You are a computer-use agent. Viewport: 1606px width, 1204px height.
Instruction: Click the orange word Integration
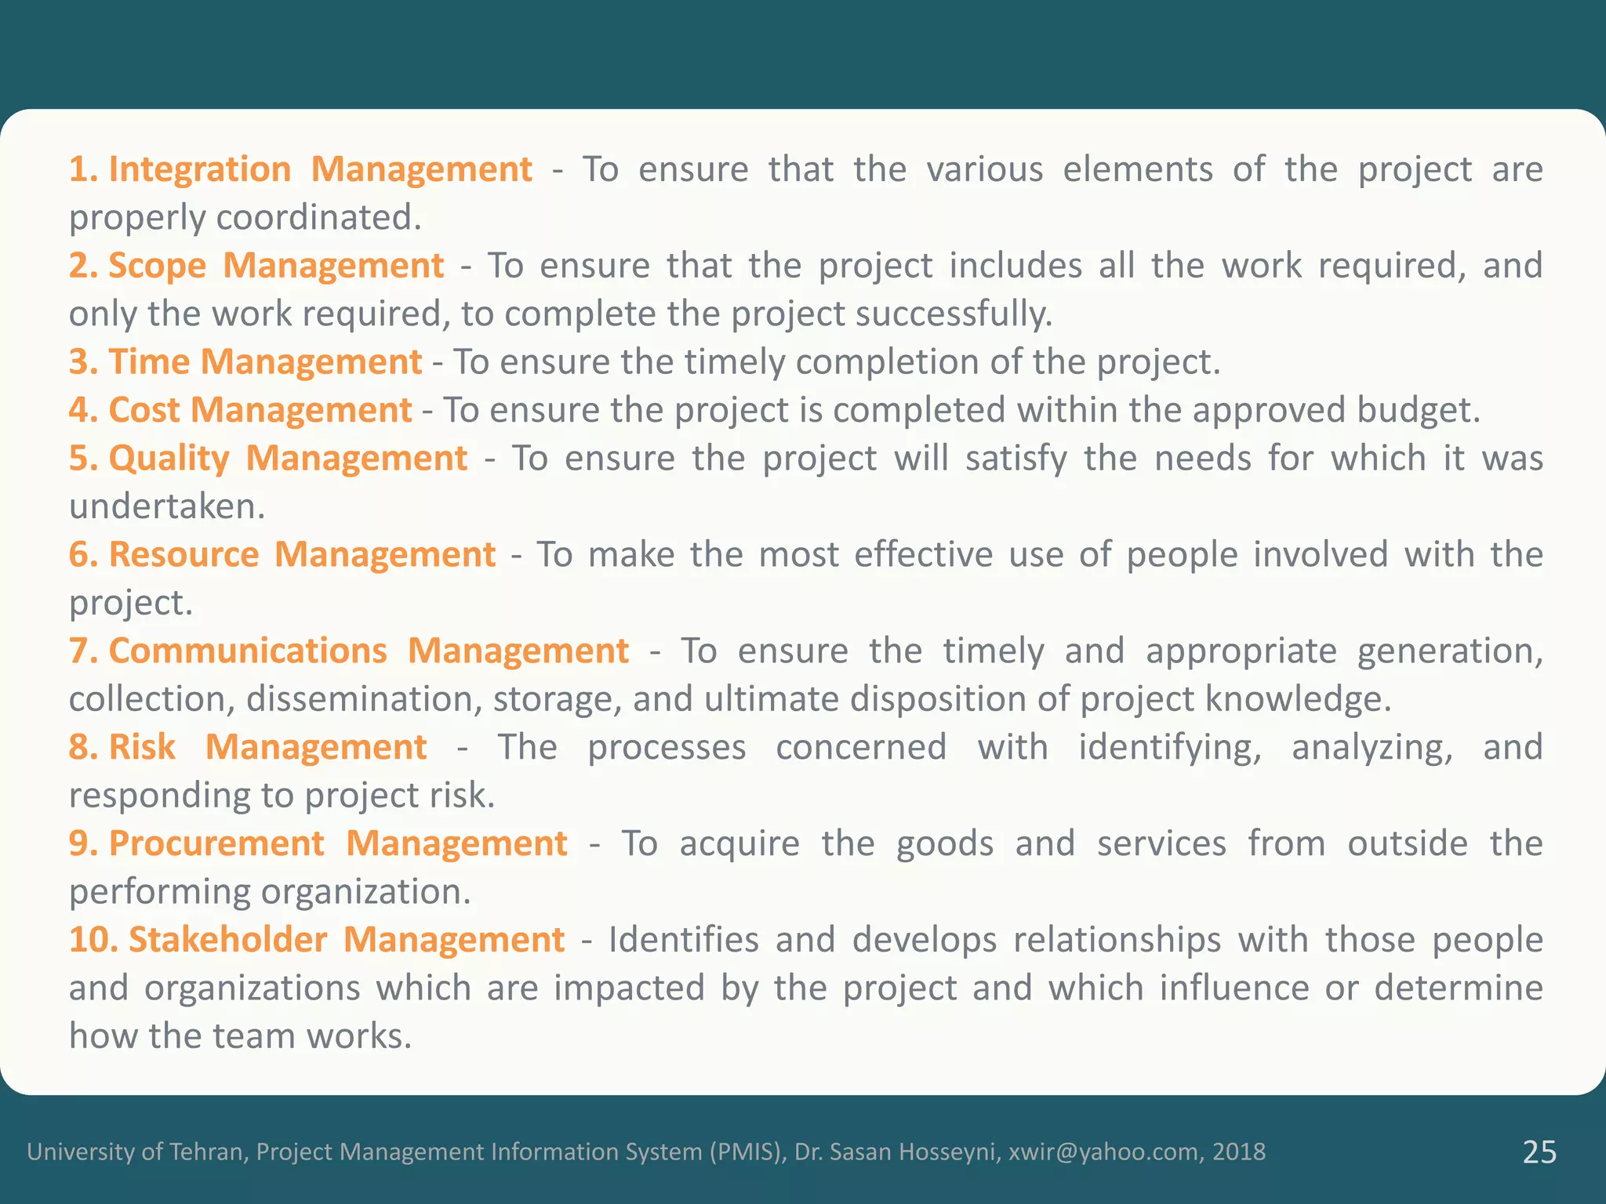[199, 169]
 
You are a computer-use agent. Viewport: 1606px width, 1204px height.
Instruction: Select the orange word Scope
[157, 266]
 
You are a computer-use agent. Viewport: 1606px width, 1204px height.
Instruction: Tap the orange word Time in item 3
[149, 362]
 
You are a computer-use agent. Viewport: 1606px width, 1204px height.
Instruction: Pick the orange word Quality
[169, 459]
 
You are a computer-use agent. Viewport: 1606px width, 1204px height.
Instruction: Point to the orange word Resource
[183, 555]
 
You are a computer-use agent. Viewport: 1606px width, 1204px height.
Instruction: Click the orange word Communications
[247, 651]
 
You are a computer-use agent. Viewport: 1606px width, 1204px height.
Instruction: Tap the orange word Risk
[142, 748]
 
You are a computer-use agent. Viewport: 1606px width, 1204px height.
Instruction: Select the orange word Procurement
[216, 844]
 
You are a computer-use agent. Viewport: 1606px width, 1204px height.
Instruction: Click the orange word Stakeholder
[227, 941]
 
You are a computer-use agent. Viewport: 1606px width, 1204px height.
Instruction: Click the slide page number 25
[1539, 1152]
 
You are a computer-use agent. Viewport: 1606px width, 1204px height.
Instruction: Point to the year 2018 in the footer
[1239, 1152]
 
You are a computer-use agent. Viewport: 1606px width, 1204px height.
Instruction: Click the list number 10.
[93, 941]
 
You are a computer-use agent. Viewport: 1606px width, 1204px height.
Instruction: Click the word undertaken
[167, 507]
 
